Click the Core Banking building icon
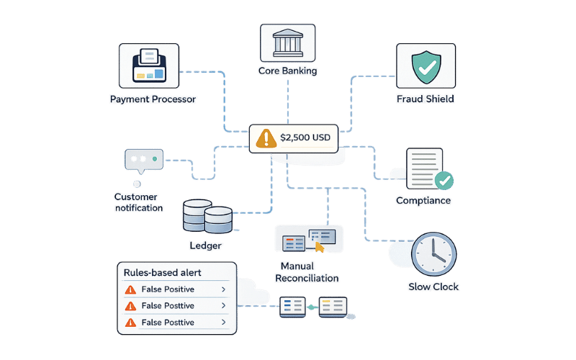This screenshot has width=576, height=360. coord(287,44)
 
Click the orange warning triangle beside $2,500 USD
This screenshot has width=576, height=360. coord(266,138)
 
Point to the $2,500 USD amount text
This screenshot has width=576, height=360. coord(305,138)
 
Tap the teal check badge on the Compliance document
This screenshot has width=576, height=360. coord(444,180)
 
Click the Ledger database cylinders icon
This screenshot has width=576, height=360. coord(207,215)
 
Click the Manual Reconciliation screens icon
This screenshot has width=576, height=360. coord(309,240)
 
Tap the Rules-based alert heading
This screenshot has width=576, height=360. coord(162,273)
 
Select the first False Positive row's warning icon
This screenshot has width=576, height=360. coord(130,289)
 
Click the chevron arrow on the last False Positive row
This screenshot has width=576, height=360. coord(223,323)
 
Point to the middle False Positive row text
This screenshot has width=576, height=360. coord(168,306)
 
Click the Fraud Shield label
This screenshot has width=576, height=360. coord(425,99)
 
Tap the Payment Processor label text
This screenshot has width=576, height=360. coord(153,99)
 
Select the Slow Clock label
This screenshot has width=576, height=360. coord(433,287)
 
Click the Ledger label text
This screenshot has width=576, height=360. coord(205,246)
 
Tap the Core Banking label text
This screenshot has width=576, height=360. coord(287,71)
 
